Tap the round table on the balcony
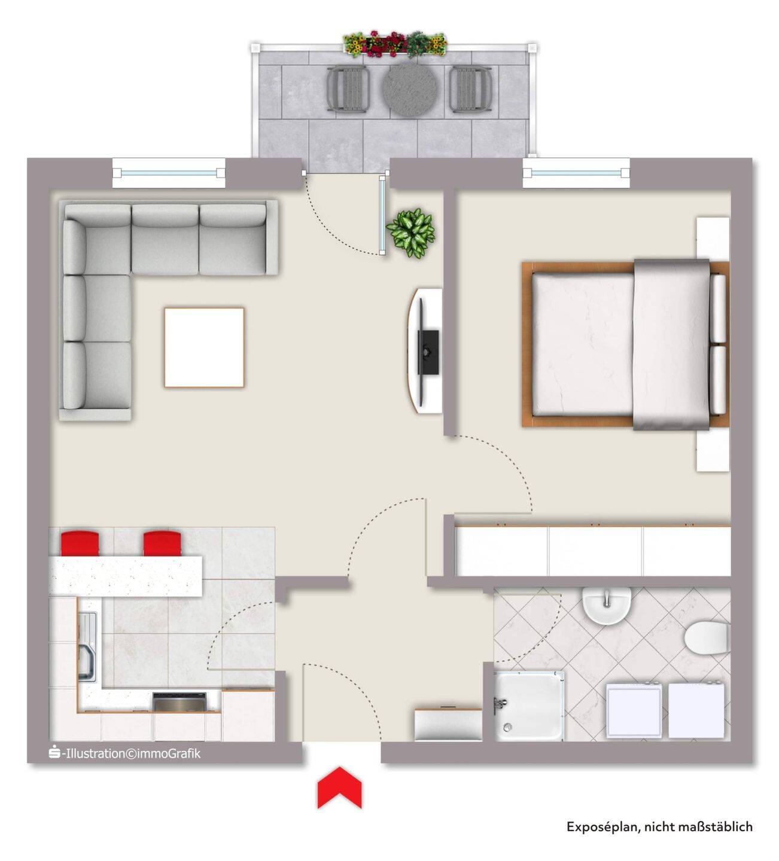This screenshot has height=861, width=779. tap(410, 89)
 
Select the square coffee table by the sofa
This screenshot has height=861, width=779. tap(204, 347)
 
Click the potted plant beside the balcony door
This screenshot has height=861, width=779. tap(411, 233)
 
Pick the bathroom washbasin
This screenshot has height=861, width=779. tap(607, 604)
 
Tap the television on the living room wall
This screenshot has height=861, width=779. tap(428, 352)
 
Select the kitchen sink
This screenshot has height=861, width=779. tap(88, 646)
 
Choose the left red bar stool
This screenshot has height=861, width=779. tap(80, 544)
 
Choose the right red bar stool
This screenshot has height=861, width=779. tap(162, 544)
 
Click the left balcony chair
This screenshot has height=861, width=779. tap(348, 90)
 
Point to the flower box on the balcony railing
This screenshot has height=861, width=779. tap(395, 44)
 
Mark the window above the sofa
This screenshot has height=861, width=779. tap(169, 173)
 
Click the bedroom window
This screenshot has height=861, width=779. tap(576, 173)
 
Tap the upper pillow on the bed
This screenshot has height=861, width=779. tap(719, 309)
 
